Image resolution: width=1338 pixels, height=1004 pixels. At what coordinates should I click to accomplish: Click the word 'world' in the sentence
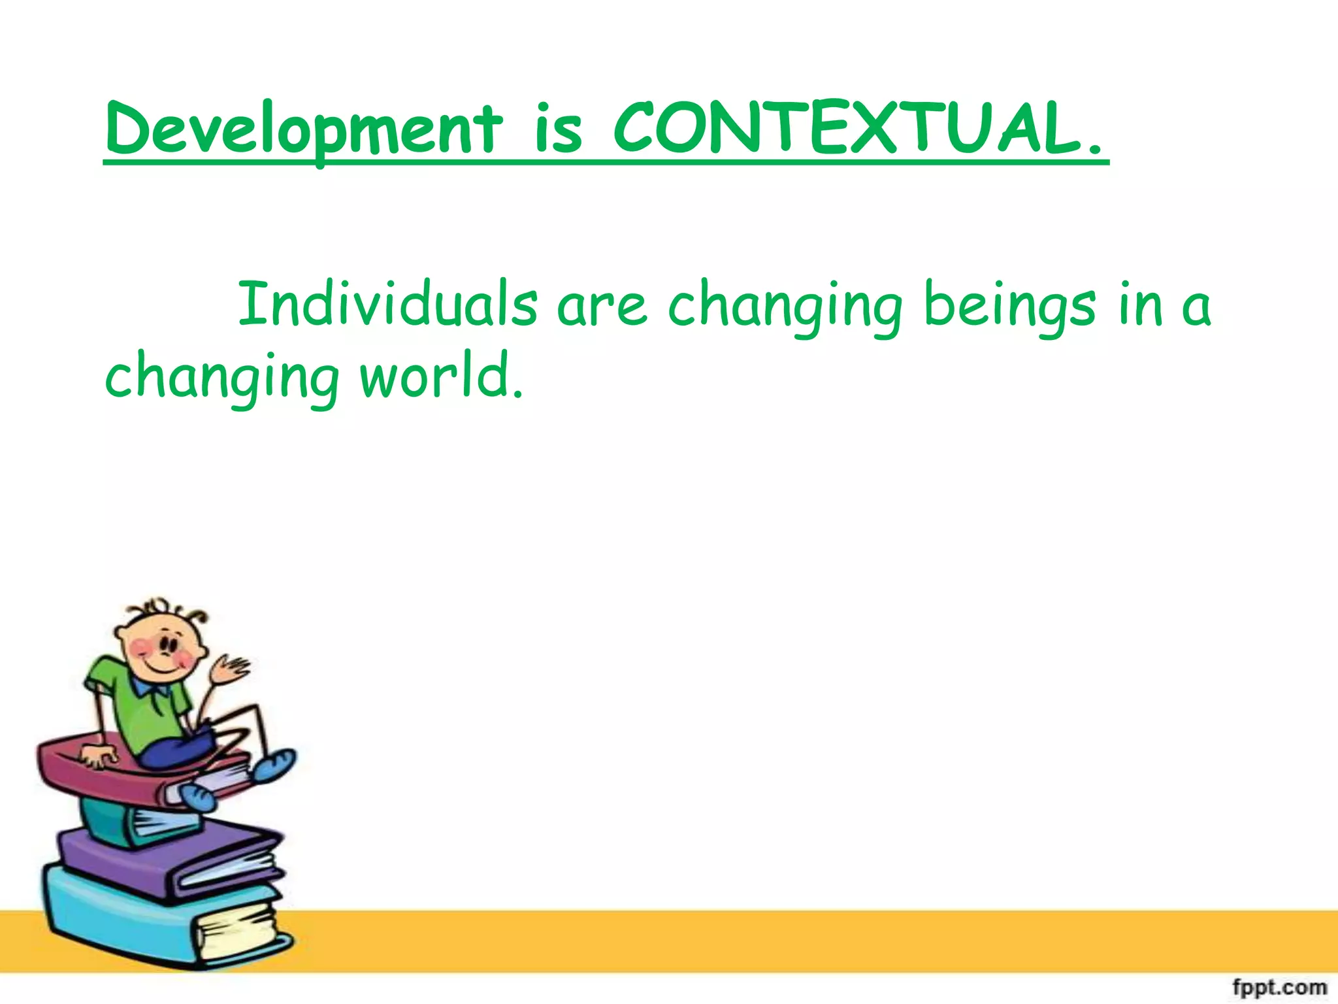tap(442, 376)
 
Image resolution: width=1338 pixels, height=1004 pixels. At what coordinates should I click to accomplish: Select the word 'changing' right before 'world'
tap(222, 378)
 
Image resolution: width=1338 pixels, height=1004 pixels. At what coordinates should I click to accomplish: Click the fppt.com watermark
tap(1280, 986)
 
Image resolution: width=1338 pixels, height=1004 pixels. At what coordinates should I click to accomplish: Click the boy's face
tap(160, 647)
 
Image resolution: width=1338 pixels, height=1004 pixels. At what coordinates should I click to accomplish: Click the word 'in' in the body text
tap(1141, 305)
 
